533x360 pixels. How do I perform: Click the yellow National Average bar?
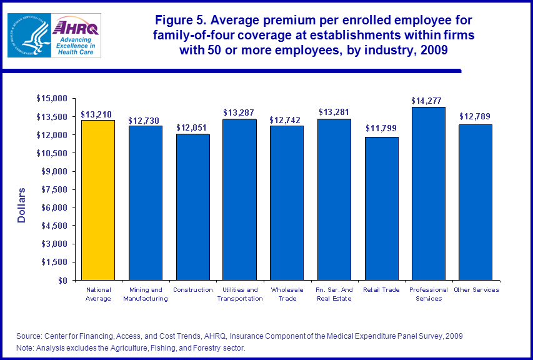pyautogui.click(x=98, y=200)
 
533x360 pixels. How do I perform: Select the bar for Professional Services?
pyautogui.click(x=429, y=194)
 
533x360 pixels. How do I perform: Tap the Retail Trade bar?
pyautogui.click(x=381, y=209)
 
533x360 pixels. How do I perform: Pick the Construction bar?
pyautogui.click(x=192, y=207)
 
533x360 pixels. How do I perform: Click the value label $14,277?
pyautogui.click(x=427, y=100)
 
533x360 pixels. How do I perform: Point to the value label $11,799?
pyautogui.click(x=381, y=129)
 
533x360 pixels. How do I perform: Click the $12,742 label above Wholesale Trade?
pyautogui.click(x=286, y=120)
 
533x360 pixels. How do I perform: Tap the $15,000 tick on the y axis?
pyautogui.click(x=52, y=99)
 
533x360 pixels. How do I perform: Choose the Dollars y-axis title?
pyautogui.click(x=21, y=205)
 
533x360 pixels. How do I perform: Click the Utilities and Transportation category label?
pyautogui.click(x=239, y=294)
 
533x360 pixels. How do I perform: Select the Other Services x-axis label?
pyautogui.click(x=476, y=289)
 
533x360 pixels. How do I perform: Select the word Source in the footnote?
pyautogui.click(x=29, y=336)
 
